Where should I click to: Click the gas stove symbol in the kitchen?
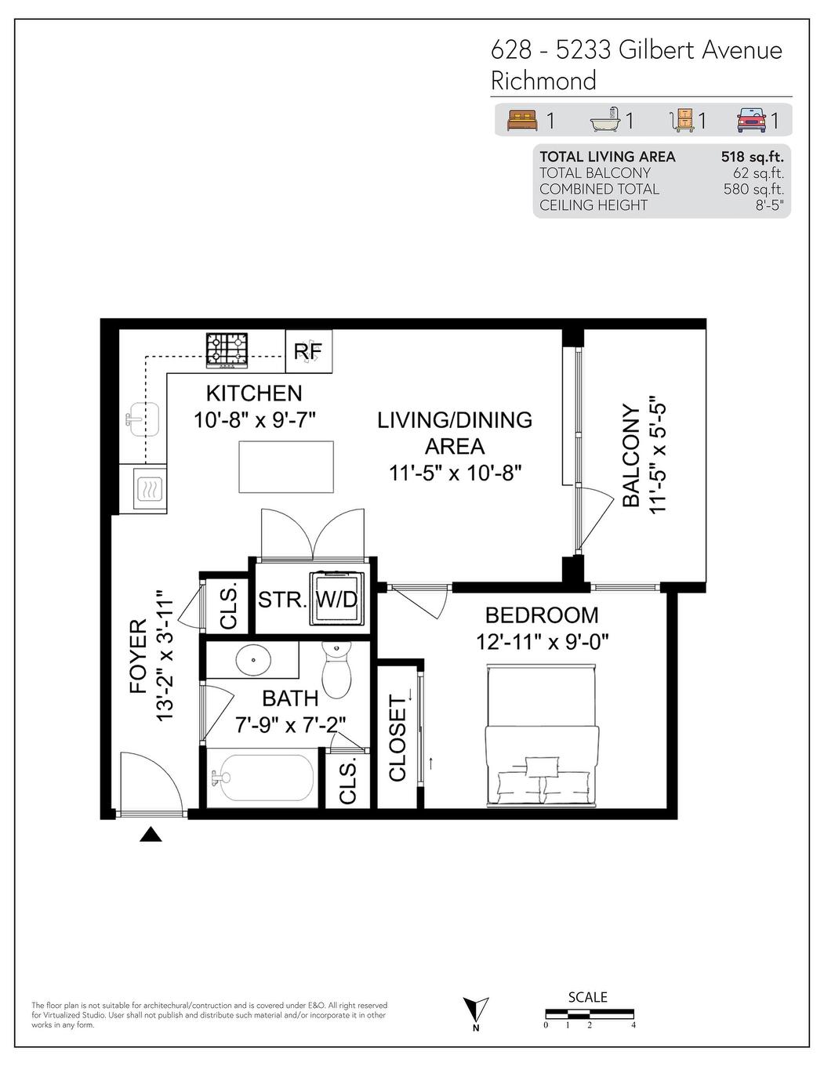[x=227, y=350]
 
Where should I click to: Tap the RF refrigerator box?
[x=308, y=352]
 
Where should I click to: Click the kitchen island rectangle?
[x=286, y=467]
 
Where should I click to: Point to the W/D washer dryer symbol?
[x=336, y=600]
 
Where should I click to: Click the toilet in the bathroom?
[x=338, y=670]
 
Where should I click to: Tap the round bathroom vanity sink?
[x=253, y=660]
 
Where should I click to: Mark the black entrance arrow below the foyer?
[x=151, y=836]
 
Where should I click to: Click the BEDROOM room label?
[x=541, y=615]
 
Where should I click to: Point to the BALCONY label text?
[x=631, y=456]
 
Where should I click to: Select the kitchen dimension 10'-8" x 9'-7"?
[x=254, y=420]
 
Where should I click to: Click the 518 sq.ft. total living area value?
[x=752, y=157]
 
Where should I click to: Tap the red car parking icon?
[x=751, y=120]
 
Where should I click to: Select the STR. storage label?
[x=281, y=600]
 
